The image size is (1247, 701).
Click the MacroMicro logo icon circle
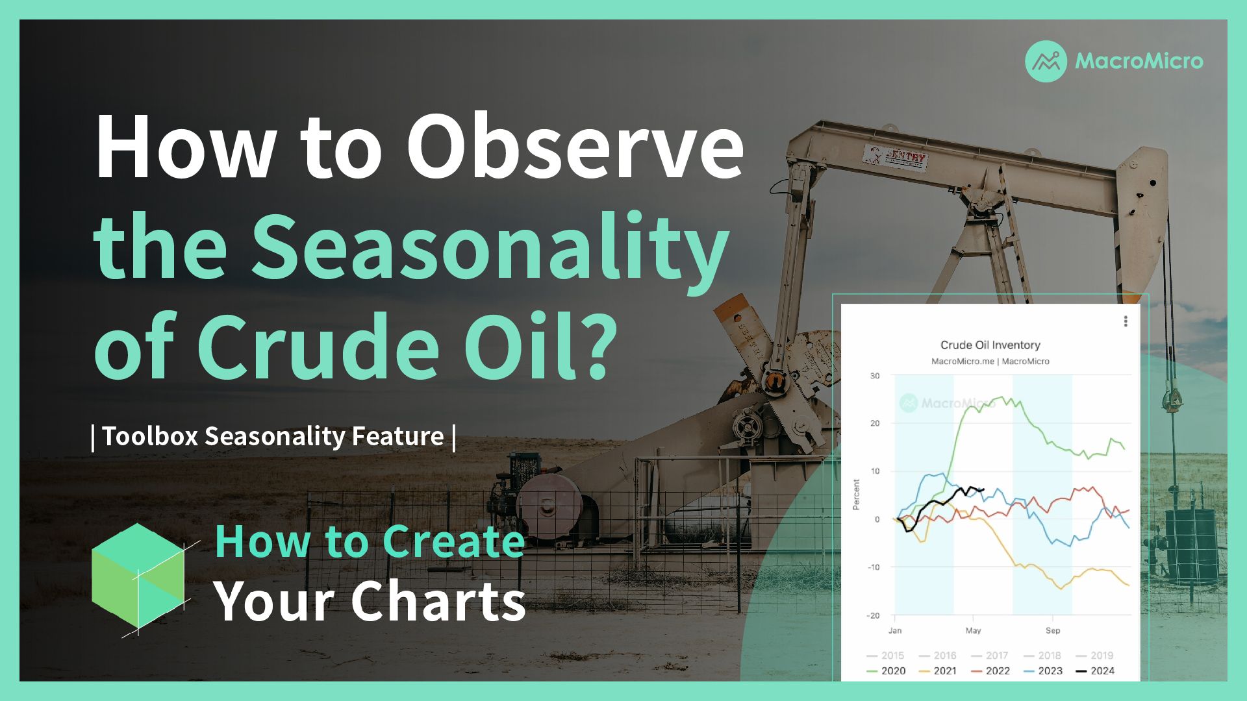pyautogui.click(x=1046, y=62)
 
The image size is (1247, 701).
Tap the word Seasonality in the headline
pyautogui.click(x=490, y=249)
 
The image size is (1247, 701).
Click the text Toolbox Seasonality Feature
pyautogui.click(x=273, y=436)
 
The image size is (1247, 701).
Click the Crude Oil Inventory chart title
pyautogui.click(x=990, y=345)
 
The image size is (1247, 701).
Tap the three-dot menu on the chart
pyautogui.click(x=1126, y=321)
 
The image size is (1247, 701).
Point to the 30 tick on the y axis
pyautogui.click(x=875, y=376)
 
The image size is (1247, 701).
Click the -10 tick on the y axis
pyautogui.click(x=874, y=567)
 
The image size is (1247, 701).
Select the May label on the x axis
pyautogui.click(x=973, y=630)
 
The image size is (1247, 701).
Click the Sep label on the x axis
pyautogui.click(x=1053, y=630)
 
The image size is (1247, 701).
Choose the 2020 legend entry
pyautogui.click(x=887, y=671)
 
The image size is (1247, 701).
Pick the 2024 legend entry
pyautogui.click(x=1096, y=671)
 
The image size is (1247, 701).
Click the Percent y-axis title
pyautogui.click(x=856, y=495)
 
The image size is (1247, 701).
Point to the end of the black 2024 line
pyautogui.click(x=984, y=489)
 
